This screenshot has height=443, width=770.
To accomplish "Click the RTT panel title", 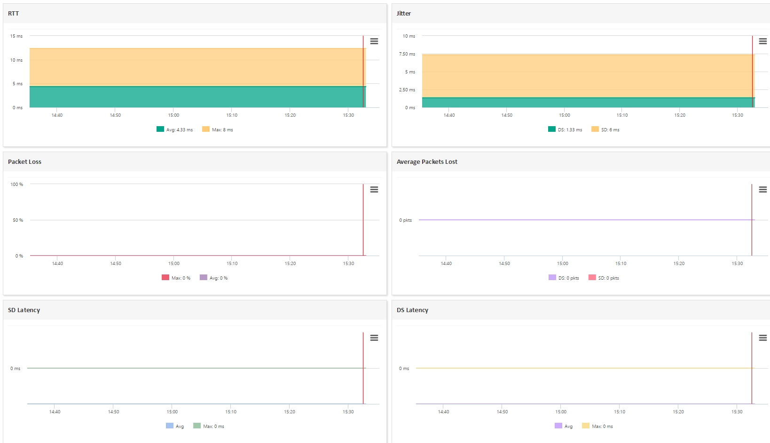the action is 14,14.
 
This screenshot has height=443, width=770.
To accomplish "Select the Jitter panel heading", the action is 403,14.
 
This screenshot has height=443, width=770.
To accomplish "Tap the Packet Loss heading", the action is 24,162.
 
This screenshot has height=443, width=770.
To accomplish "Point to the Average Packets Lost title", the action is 427,162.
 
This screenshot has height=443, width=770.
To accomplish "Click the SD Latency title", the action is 24,310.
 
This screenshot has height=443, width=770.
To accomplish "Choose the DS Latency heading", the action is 412,310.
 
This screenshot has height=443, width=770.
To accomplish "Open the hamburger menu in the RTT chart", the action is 374,41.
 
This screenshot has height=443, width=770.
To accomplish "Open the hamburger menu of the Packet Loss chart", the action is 374,190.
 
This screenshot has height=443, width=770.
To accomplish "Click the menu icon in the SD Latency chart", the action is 374,338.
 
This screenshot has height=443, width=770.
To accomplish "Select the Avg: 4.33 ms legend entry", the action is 174,129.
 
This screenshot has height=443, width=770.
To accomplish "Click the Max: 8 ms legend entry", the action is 218,129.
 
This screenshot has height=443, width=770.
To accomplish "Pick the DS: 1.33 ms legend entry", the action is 565,129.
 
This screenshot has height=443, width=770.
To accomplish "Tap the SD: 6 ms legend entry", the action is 605,129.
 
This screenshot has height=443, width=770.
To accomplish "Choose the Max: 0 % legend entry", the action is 176,278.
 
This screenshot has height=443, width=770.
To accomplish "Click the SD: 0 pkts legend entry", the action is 604,278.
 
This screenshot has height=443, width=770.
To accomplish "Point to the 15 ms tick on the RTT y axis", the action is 16,36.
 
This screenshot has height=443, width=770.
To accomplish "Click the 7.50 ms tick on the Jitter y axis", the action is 407,54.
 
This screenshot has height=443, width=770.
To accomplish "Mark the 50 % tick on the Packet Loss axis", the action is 18,220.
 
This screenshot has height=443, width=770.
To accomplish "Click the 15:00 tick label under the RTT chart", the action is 173,115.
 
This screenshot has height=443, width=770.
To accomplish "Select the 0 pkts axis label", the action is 405,220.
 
